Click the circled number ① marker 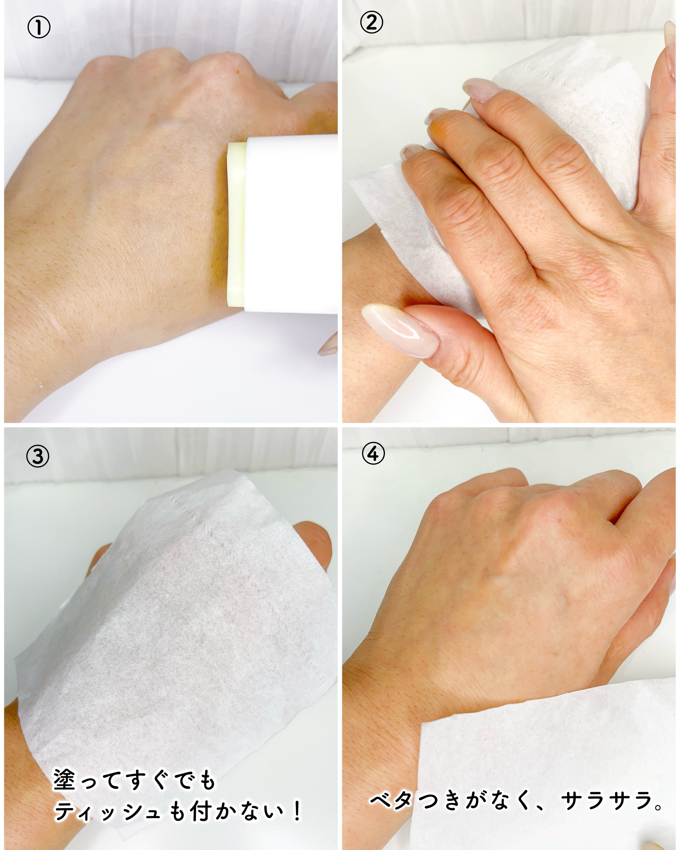pyautogui.click(x=39, y=28)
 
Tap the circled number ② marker pyautogui.click(x=371, y=23)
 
